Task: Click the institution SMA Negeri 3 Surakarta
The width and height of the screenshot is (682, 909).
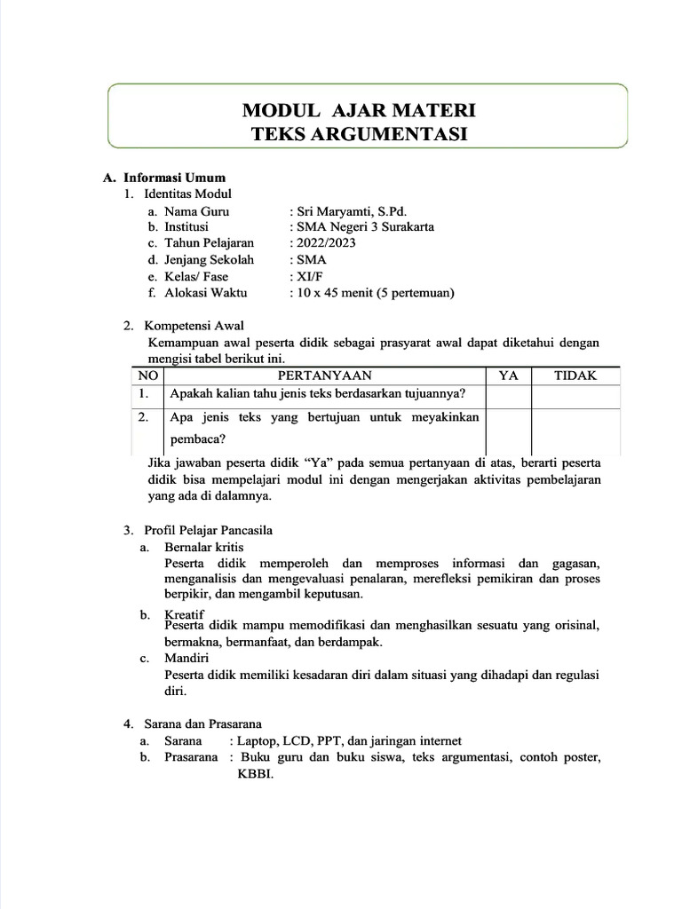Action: (x=366, y=227)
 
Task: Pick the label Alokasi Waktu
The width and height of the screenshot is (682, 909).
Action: (x=205, y=292)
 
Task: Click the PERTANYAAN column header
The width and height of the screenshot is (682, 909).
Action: (x=324, y=375)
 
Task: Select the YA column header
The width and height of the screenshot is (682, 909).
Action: (x=508, y=375)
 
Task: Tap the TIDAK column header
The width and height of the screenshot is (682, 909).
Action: (x=575, y=375)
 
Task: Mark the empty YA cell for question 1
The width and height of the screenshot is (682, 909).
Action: (x=508, y=394)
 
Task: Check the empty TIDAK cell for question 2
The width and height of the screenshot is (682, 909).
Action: (x=575, y=429)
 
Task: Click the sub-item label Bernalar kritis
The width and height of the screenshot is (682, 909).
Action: (x=203, y=547)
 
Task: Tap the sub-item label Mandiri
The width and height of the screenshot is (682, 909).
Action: (x=186, y=659)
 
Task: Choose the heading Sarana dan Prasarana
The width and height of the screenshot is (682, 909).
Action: (x=202, y=724)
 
